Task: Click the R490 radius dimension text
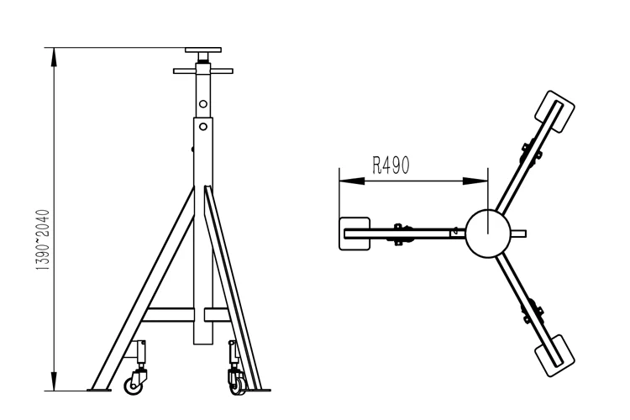tap(391, 165)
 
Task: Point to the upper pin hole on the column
tap(202, 104)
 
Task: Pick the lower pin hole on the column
tap(202, 129)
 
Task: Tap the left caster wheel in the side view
tap(133, 384)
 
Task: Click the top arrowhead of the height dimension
tap(55, 55)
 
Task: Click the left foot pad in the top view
tap(353, 233)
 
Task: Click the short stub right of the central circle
tap(519, 233)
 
